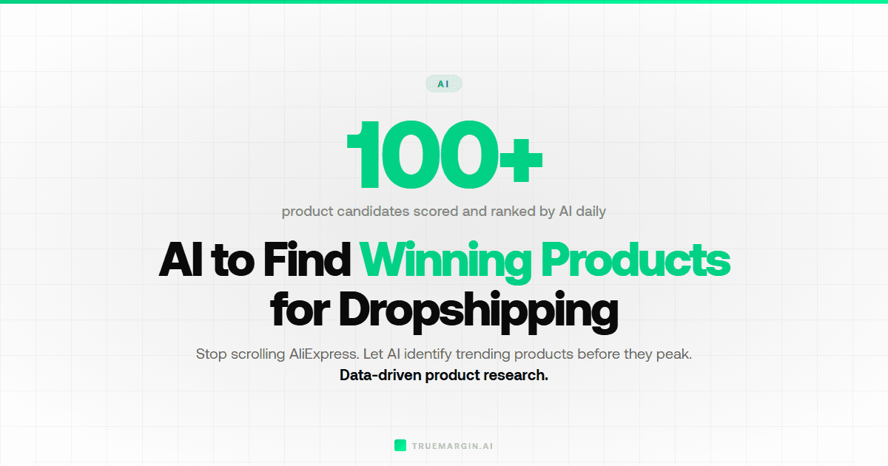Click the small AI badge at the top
coord(443,84)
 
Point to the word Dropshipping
coord(478,311)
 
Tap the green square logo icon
coord(400,445)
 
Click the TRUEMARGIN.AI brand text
coord(452,446)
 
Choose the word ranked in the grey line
coord(514,212)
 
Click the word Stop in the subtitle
coord(211,354)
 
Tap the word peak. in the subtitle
coord(673,354)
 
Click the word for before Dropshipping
coord(299,311)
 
